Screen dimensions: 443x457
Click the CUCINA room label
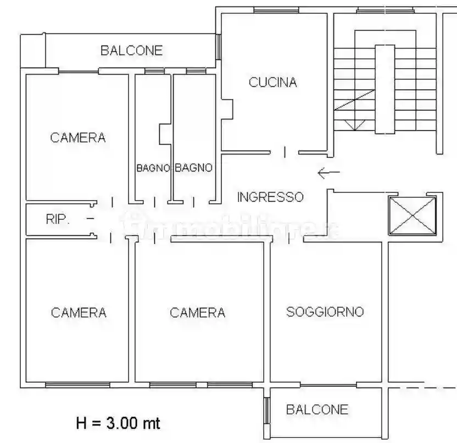coord(273,82)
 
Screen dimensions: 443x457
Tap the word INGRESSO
coord(270,197)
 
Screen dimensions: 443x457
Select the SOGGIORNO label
coord(325,312)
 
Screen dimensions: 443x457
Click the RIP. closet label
coord(57,220)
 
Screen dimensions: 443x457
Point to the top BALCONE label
coord(131,51)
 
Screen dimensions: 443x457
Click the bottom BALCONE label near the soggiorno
coord(317,409)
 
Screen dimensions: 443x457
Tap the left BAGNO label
coord(153,168)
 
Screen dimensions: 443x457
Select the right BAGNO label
coord(193,168)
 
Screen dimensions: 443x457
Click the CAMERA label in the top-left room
coord(78,137)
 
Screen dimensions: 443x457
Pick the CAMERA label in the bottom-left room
coord(79,313)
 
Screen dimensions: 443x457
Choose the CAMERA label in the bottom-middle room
coord(198,313)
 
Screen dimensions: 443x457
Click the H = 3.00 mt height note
coord(118,423)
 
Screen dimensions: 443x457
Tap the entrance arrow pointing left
coord(328,173)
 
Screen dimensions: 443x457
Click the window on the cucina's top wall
coord(277,9)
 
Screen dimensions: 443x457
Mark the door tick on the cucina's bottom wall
coord(285,152)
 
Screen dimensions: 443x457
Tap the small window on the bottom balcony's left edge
coord(267,410)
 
